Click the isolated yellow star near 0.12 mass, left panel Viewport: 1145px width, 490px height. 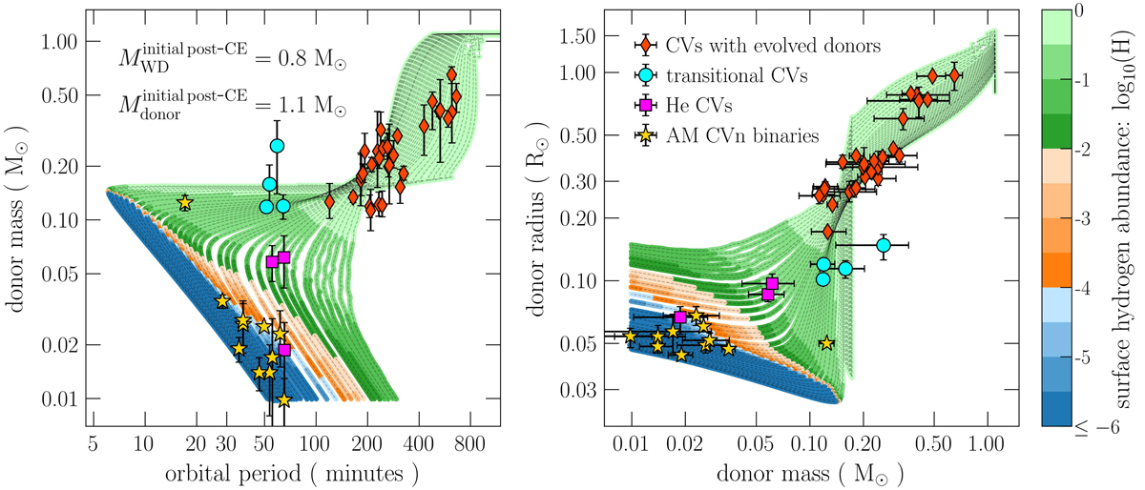[x=184, y=202]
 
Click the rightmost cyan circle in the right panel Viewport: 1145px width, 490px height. [x=884, y=245]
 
